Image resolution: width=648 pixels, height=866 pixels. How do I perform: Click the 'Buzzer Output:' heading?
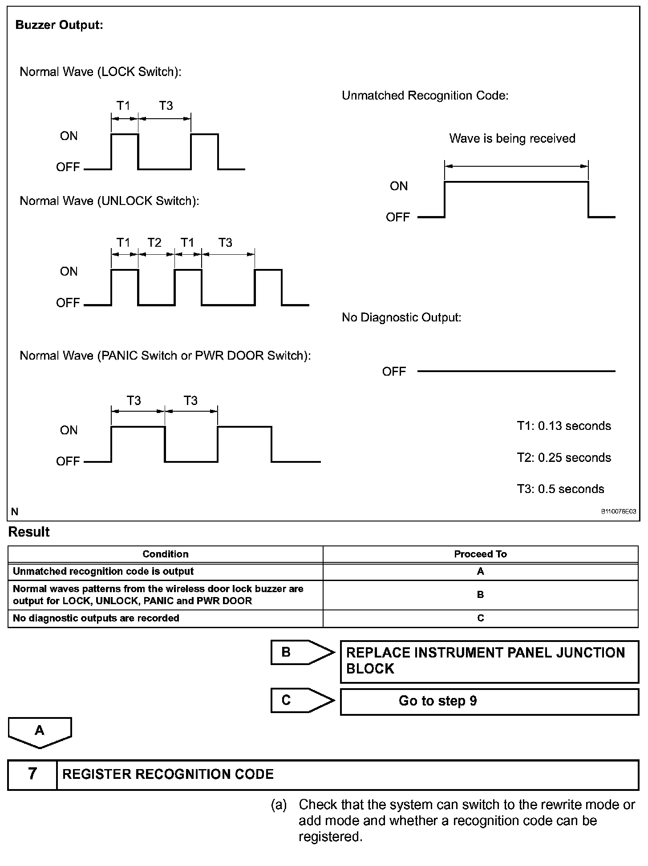click(59, 25)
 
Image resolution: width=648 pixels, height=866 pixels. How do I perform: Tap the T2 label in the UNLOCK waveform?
click(154, 243)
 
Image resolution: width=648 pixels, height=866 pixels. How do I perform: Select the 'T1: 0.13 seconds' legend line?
click(563, 426)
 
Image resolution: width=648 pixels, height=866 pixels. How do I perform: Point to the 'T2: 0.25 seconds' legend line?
click(563, 457)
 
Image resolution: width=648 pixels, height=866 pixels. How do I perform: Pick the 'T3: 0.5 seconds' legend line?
click(560, 489)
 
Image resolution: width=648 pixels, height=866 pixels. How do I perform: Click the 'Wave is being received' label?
click(512, 139)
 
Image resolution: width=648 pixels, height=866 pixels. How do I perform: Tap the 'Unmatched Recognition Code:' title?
click(425, 96)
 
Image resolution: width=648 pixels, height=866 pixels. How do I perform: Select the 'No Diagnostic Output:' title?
click(401, 317)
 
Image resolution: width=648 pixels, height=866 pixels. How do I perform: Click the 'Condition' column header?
click(165, 554)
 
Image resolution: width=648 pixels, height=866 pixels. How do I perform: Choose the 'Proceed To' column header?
click(480, 554)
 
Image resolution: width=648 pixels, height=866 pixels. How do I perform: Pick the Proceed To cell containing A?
click(480, 572)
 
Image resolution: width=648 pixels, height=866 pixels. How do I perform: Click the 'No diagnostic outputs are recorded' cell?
click(96, 618)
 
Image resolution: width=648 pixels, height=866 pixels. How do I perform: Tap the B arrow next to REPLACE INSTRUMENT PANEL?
click(302, 653)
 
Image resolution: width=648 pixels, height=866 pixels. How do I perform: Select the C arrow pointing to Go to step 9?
click(302, 701)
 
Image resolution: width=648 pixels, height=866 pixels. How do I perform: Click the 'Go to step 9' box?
click(489, 702)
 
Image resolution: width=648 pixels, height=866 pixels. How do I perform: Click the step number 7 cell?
click(32, 774)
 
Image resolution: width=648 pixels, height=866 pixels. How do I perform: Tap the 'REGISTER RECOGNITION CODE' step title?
click(168, 774)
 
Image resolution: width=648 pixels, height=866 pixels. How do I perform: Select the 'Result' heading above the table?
click(29, 532)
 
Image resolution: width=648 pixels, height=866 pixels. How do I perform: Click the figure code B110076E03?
click(618, 512)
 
